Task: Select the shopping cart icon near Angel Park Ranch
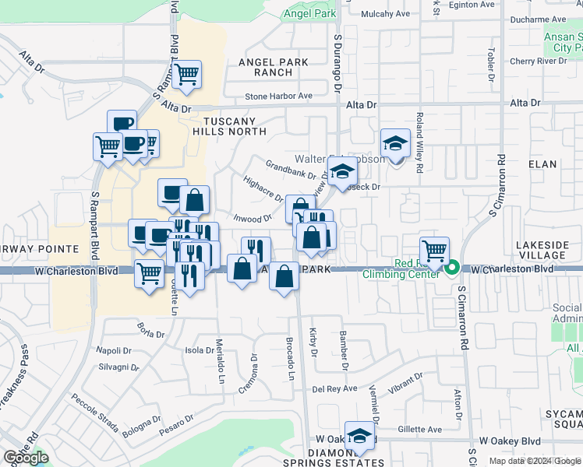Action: coord(187,75)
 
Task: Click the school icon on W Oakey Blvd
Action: coord(359,437)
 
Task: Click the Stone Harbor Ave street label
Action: coord(278,97)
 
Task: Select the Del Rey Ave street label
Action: coord(334,388)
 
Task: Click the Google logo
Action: coord(26,458)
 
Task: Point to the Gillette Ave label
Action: coord(421,429)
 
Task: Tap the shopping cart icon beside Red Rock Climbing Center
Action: coord(434,250)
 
